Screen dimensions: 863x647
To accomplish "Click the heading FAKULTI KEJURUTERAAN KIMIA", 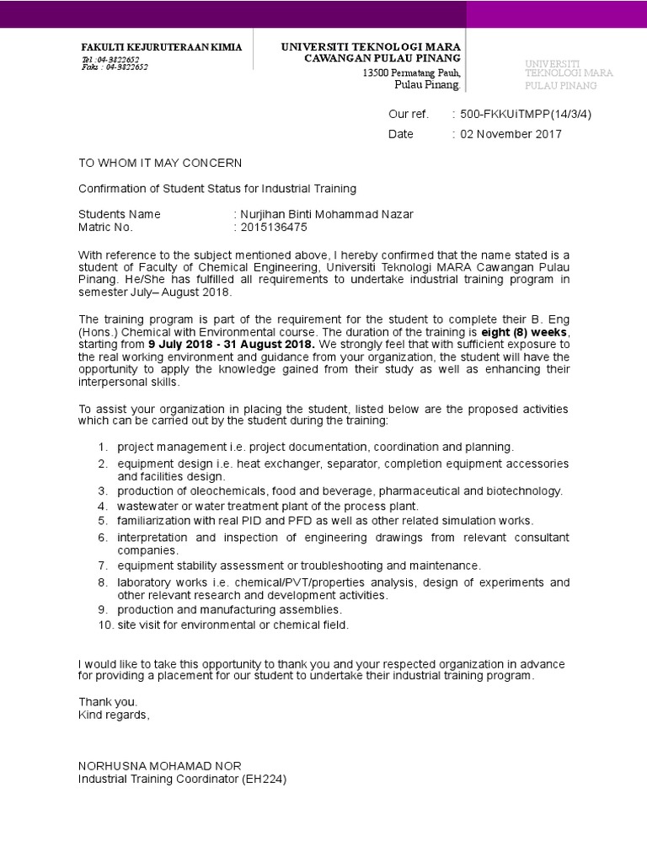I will pyautogui.click(x=161, y=48).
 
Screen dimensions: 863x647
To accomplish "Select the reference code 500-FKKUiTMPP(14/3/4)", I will pyautogui.click(x=521, y=115).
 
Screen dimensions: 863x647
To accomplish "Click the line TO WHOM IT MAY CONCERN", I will pyautogui.click(x=160, y=163).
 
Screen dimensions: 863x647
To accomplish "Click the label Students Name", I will pyautogui.click(x=120, y=214).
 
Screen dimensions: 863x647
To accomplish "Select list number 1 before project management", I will pyautogui.click(x=101, y=447).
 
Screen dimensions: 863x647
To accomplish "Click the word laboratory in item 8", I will pyautogui.click(x=144, y=582).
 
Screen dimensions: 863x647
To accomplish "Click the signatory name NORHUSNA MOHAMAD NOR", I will pyautogui.click(x=160, y=765).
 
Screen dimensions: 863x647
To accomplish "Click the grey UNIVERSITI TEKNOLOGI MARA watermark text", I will pyautogui.click(x=569, y=73).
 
